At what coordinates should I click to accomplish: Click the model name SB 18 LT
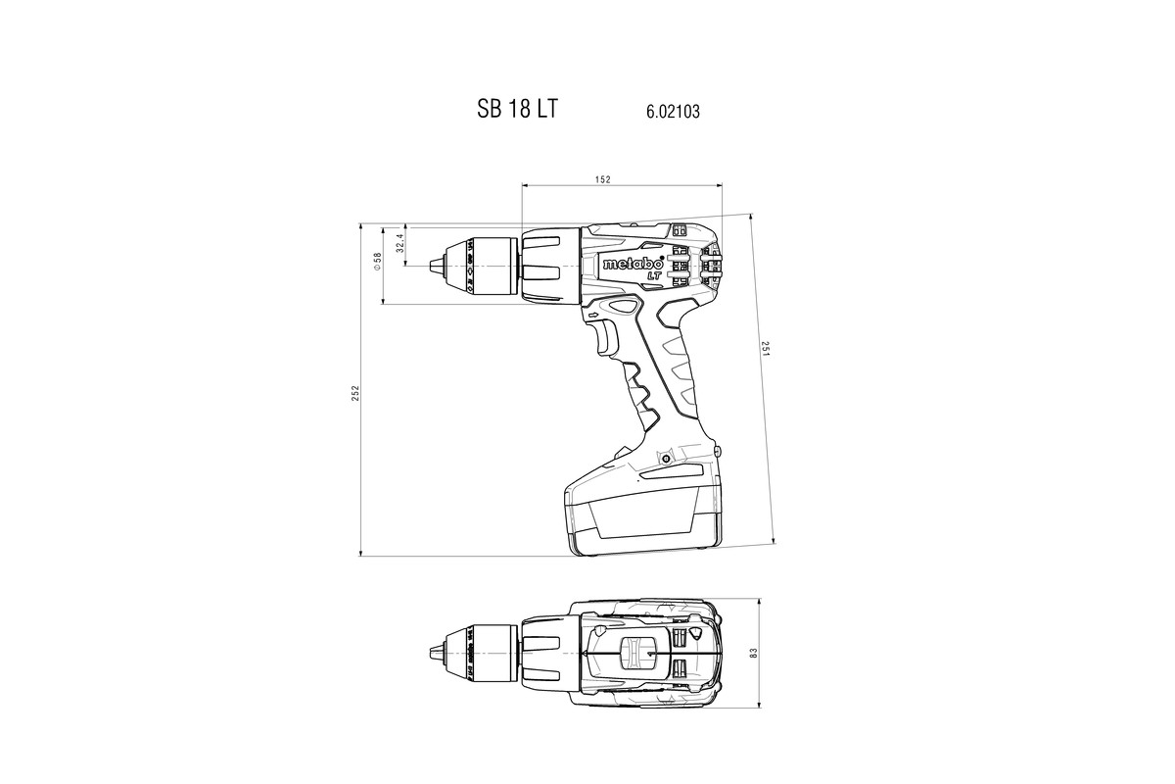click(x=517, y=109)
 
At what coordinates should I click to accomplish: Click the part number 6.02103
click(x=673, y=112)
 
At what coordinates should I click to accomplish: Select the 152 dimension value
click(x=603, y=179)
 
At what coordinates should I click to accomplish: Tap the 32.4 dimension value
click(x=399, y=242)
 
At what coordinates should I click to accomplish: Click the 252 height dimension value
click(x=356, y=392)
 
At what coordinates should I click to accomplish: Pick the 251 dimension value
click(x=766, y=349)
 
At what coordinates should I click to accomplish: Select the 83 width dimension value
click(x=754, y=653)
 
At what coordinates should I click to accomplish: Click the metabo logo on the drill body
click(x=633, y=264)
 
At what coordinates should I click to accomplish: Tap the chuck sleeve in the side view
click(x=485, y=265)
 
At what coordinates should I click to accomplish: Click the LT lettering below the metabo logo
click(x=652, y=275)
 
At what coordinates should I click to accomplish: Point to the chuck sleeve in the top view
click(x=485, y=652)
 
